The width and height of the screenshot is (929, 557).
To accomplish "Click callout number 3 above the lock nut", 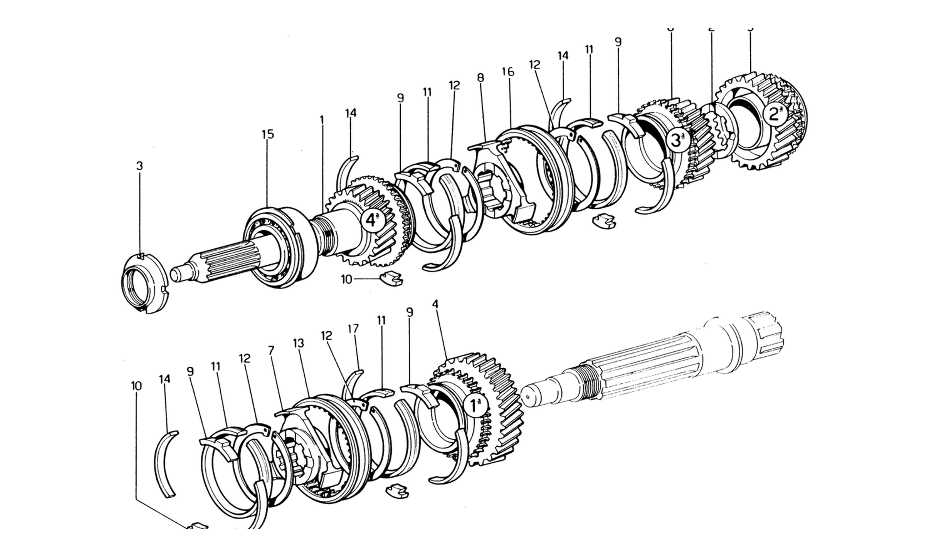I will coord(140,166).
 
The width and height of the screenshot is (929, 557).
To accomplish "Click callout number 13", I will coord(298,343).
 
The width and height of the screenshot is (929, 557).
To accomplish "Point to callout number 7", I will coord(271,351).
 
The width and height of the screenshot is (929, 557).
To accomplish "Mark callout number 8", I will coord(481,78).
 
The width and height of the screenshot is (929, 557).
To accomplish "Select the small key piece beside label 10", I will coord(391,278).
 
